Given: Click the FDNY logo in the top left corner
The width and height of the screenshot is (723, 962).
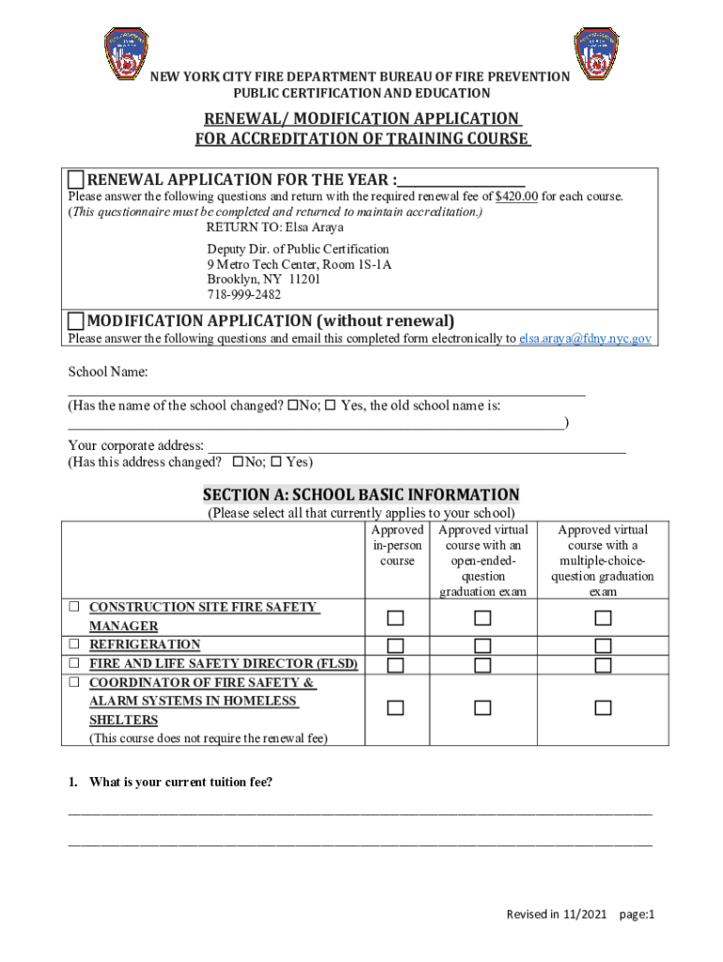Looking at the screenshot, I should point(124,55).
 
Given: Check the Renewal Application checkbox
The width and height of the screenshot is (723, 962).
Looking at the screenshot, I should point(76,180).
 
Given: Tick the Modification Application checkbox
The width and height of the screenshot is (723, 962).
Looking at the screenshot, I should point(76,321).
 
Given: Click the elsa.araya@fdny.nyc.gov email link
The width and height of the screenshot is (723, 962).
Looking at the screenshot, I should point(585,339).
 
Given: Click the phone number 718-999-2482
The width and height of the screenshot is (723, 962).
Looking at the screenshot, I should point(243,295).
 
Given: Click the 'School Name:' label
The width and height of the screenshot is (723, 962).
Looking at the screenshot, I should point(108,373).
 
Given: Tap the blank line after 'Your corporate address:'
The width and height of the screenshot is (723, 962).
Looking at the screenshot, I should point(416,445).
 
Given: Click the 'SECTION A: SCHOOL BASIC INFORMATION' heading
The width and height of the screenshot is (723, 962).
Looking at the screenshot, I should point(361,495).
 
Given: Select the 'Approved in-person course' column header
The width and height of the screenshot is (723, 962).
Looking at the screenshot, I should point(397,546).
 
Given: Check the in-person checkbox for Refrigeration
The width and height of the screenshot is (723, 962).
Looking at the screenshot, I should point(396,645).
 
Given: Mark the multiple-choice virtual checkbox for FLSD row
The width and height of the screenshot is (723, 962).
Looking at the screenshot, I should point(603,665).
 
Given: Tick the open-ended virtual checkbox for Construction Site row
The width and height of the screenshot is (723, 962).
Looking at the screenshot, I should point(482,617).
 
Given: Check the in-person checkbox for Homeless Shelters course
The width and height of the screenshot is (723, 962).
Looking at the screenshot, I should point(396,707).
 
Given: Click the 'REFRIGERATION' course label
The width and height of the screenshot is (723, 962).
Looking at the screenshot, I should point(145,645).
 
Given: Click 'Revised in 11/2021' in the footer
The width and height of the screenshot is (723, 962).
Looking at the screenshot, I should point(558,915).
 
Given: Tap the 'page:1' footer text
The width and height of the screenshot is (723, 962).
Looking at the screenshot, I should point(637,915).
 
